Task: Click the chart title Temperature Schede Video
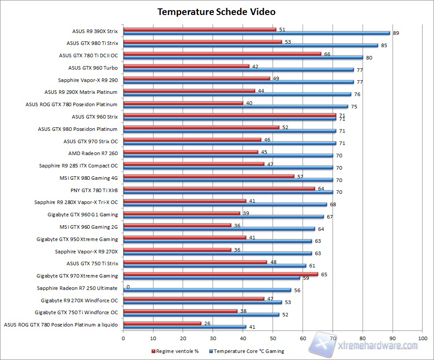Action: (x=217, y=12)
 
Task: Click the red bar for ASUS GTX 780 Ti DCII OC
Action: (x=222, y=54)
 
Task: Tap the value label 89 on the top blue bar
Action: (x=396, y=33)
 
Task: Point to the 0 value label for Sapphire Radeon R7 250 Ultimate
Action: (x=128, y=287)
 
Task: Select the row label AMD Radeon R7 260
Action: (x=93, y=153)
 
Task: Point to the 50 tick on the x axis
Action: (x=273, y=338)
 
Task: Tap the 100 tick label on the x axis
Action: (x=423, y=338)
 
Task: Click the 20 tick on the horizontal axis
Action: (x=183, y=338)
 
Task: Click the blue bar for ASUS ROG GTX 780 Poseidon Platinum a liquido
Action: (x=185, y=327)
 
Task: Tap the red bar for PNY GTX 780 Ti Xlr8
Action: (x=219, y=189)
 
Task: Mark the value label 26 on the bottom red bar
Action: (x=206, y=323)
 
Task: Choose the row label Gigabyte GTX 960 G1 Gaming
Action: (x=83, y=215)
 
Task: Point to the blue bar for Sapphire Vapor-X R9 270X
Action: (x=217, y=253)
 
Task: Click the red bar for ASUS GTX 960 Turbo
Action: (x=186, y=66)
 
